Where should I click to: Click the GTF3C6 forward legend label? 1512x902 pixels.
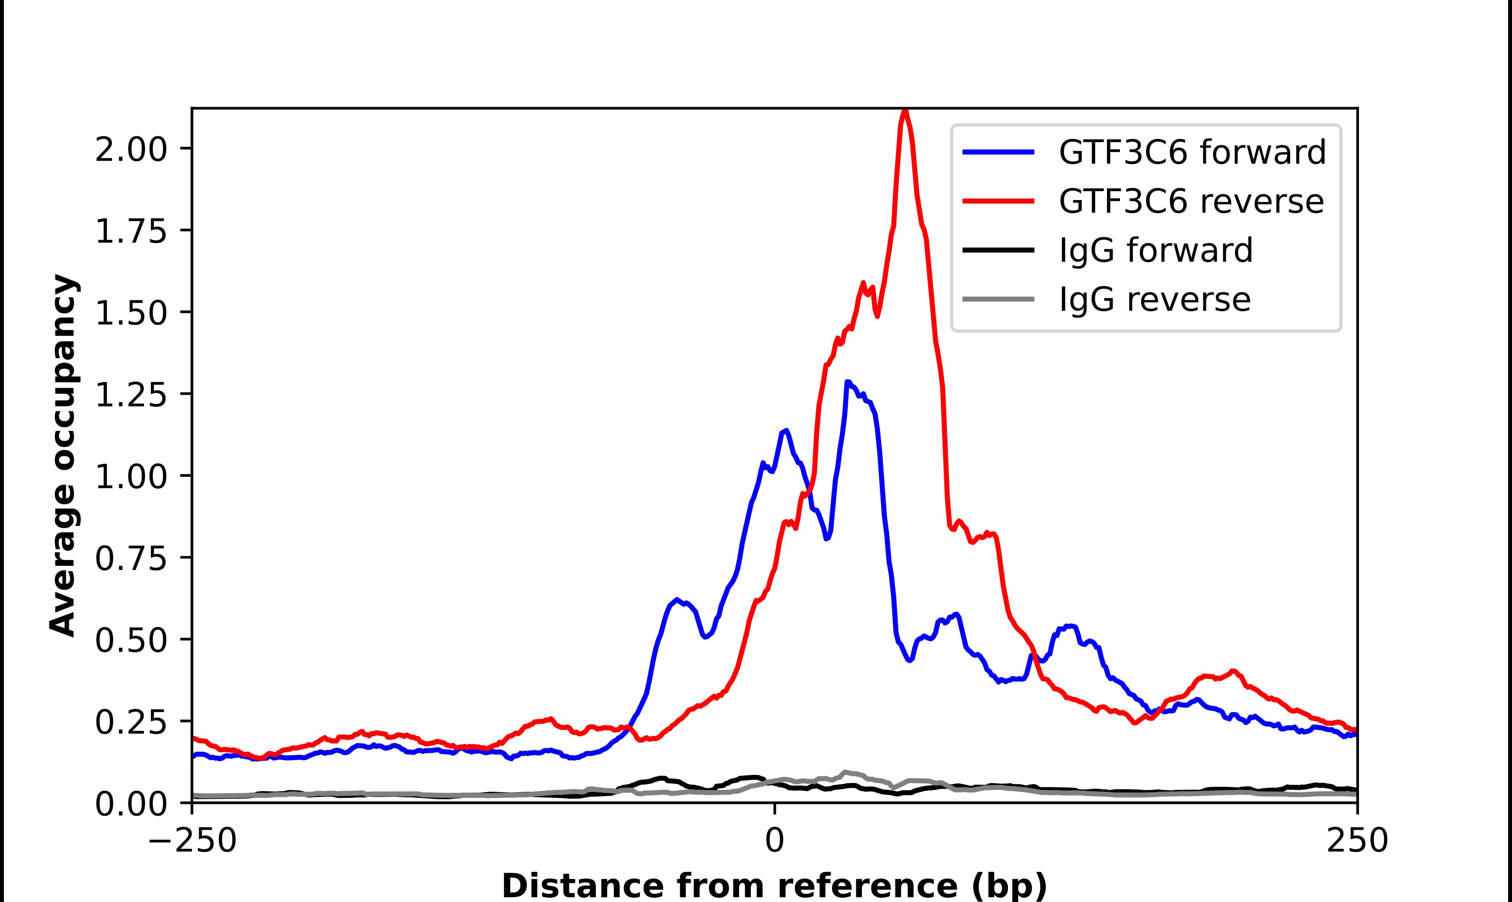[x=1192, y=152]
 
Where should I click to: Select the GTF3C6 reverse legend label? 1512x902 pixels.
[x=1190, y=201]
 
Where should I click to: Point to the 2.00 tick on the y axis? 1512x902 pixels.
[x=131, y=149]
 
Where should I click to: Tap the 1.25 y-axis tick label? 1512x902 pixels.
[x=131, y=395]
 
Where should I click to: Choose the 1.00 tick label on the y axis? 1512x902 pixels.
[x=131, y=477]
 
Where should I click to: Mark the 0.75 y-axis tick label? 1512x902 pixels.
[x=131, y=559]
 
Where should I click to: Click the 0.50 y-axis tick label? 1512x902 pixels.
[x=131, y=641]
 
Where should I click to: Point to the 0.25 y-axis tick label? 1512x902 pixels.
[x=131, y=722]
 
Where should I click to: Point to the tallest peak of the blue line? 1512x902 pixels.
[x=847, y=382]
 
